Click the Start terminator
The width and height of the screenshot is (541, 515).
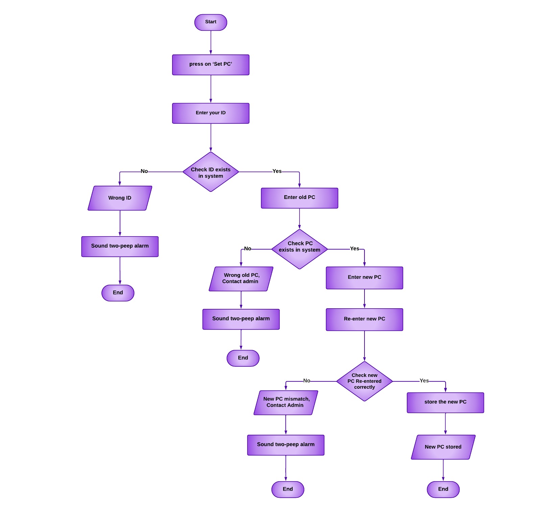pos(211,22)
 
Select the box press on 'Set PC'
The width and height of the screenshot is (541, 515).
pos(211,65)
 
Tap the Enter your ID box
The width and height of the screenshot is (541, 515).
pos(211,113)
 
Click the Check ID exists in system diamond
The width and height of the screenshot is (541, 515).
pos(211,172)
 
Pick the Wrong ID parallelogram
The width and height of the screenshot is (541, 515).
pos(120,198)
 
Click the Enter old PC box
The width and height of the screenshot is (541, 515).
pos(299,198)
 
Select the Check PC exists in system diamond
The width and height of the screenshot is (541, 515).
pos(299,249)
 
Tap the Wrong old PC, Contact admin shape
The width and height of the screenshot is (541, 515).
pos(241,279)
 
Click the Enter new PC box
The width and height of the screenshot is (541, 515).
pos(364,278)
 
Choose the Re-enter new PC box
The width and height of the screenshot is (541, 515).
pos(364,319)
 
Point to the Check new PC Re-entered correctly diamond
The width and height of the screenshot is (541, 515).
pos(364,381)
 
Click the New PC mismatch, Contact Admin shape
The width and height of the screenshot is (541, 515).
pos(286,403)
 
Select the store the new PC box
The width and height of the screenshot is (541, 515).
pos(445,403)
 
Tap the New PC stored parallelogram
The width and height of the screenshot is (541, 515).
pos(443,447)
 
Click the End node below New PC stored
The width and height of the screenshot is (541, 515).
pos(443,489)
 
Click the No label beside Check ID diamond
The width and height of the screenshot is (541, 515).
pos(144,171)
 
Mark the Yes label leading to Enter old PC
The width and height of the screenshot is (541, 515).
pos(277,171)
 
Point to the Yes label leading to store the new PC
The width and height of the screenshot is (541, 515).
pos(424,381)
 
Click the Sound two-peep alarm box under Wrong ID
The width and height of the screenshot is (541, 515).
pos(120,246)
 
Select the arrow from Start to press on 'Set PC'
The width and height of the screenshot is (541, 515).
pos(211,43)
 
